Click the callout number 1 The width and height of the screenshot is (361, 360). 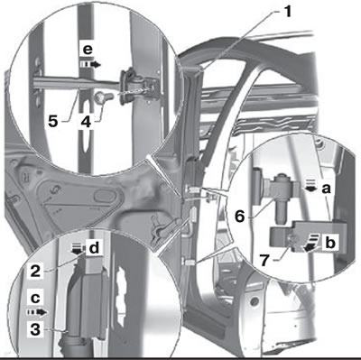click(287, 12)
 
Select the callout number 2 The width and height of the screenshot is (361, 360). click(35, 272)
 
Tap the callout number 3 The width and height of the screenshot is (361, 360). click(35, 330)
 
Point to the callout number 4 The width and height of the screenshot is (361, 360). click(86, 122)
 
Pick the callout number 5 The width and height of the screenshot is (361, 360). click(53, 121)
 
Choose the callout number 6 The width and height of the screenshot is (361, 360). click(240, 216)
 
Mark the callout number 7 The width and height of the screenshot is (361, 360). click(264, 261)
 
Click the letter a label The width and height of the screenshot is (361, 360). click(326, 189)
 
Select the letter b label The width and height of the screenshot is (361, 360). click(330, 243)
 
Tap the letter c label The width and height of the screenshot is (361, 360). click(35, 298)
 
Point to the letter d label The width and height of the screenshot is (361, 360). click(94, 248)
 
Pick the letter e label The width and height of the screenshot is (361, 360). click(88, 50)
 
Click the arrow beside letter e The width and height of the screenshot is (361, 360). click(91, 64)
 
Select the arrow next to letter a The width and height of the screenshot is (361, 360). click(311, 185)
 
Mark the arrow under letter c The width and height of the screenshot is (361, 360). click(37, 312)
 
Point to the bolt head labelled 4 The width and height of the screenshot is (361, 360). click(99, 98)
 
